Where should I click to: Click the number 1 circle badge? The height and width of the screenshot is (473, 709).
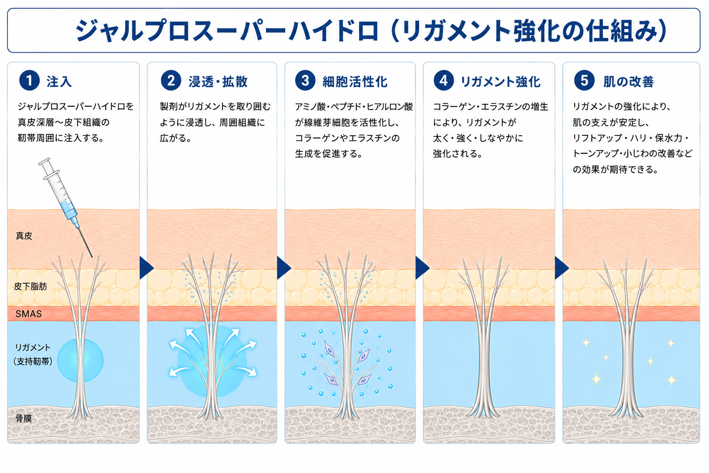click(x=29, y=80)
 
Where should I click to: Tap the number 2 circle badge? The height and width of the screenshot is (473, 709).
click(x=171, y=80)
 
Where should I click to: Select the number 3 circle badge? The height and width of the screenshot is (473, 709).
click(x=305, y=80)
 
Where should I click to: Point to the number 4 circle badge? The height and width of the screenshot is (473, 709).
click(x=444, y=80)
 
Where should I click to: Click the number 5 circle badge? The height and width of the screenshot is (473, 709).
click(x=584, y=80)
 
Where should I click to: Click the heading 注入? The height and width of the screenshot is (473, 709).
click(x=59, y=82)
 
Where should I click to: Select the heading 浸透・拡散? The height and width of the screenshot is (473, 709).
click(x=218, y=82)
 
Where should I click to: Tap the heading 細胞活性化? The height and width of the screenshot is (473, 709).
click(x=355, y=82)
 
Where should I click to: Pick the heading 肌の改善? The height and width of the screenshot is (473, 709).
click(x=629, y=82)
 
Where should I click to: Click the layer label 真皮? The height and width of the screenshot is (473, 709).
click(x=24, y=236)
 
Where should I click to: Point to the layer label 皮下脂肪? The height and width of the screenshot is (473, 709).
click(x=30, y=286)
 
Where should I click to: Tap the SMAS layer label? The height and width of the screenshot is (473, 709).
click(x=29, y=314)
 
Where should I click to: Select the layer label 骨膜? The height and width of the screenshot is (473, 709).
click(x=24, y=418)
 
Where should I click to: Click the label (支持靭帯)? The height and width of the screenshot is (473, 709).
click(x=33, y=361)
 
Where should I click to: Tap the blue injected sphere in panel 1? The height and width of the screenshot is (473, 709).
click(x=80, y=360)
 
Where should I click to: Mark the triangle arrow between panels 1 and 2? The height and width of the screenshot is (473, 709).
click(x=146, y=268)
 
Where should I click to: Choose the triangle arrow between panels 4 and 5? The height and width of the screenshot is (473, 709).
click(x=562, y=268)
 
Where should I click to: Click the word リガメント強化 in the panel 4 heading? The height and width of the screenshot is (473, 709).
click(x=500, y=82)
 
